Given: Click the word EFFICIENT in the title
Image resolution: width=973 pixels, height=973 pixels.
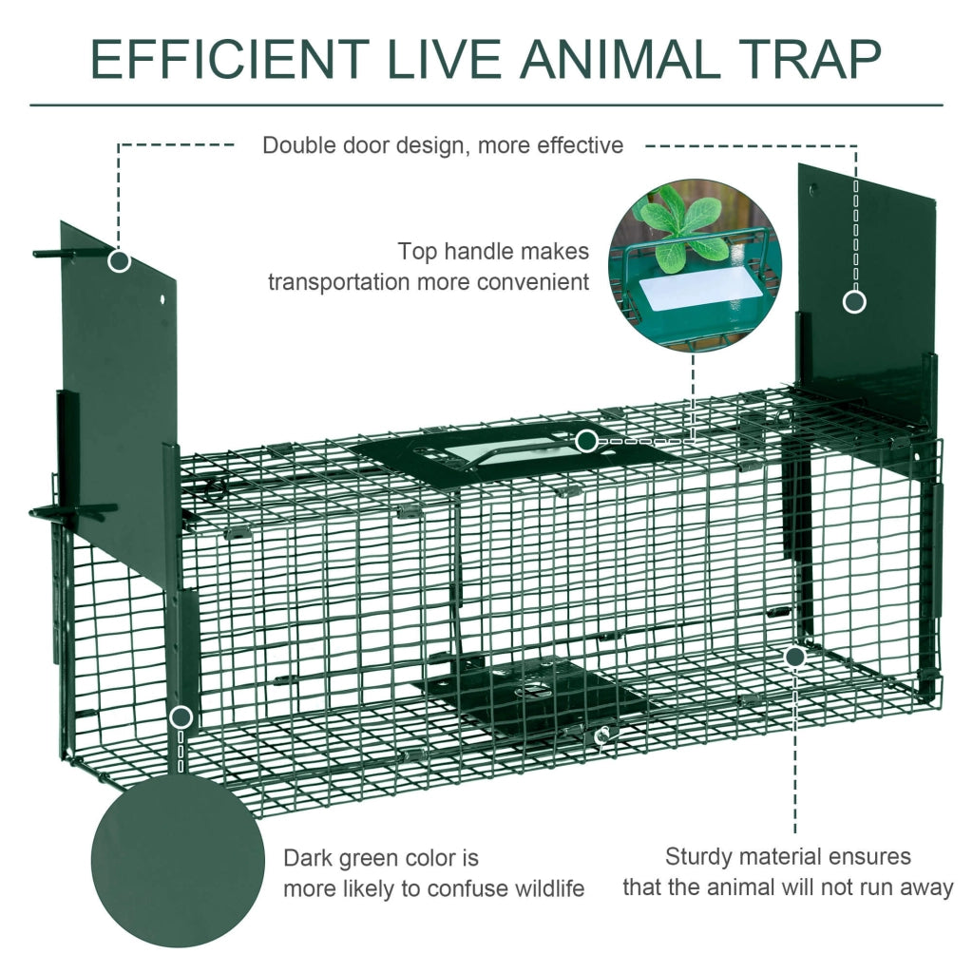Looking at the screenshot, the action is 230,59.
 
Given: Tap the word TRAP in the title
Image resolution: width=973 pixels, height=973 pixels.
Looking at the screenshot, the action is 811,59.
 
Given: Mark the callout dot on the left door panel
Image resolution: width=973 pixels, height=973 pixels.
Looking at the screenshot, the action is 119,261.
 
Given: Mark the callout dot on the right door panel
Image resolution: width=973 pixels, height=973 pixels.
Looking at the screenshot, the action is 854,302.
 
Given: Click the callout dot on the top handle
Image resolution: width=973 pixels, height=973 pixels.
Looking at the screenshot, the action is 586,442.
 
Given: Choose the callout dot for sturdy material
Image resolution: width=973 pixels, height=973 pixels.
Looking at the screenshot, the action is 795,657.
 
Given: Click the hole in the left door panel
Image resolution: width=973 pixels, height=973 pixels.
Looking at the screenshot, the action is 162,299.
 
